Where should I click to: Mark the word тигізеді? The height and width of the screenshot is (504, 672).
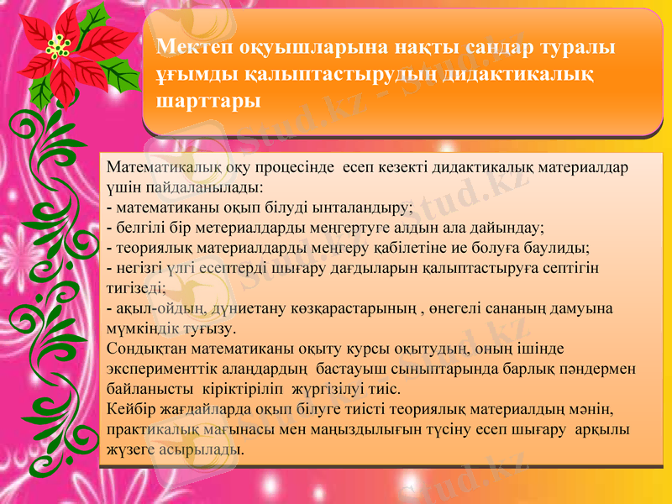(x=137, y=287)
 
